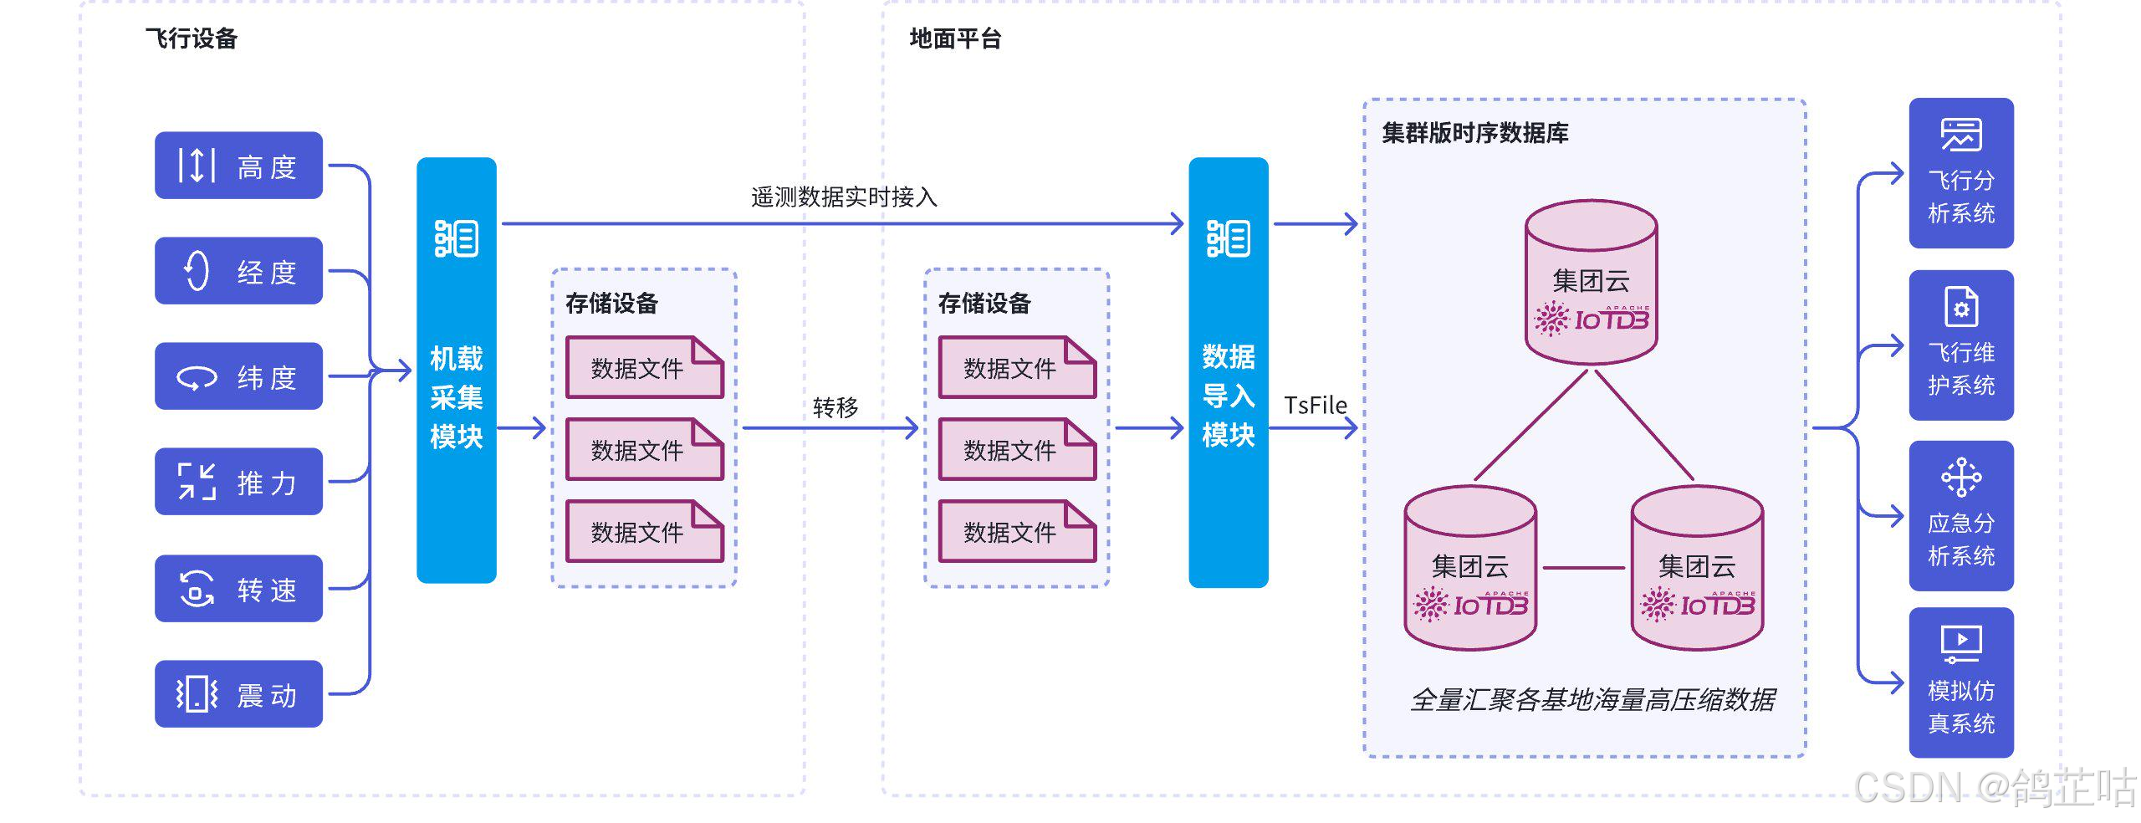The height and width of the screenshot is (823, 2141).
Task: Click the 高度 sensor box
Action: [238, 166]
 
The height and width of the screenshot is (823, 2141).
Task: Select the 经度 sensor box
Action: [238, 271]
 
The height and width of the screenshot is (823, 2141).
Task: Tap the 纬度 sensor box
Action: [238, 376]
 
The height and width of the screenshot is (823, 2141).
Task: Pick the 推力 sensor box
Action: [238, 482]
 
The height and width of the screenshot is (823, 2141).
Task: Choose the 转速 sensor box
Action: [238, 589]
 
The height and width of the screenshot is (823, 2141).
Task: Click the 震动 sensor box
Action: [238, 694]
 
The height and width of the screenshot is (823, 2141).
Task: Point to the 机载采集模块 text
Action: [457, 397]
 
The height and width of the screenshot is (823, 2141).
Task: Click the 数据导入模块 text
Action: [1228, 396]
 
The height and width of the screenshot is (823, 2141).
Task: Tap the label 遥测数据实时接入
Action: [844, 197]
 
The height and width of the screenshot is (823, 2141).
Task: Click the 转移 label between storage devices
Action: [835, 407]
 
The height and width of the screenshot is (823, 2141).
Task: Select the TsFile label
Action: [1315, 406]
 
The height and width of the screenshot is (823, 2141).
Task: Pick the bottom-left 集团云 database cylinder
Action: [1470, 569]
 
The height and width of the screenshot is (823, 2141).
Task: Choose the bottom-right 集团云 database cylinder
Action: [1697, 569]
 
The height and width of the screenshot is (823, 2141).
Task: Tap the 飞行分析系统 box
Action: [1961, 173]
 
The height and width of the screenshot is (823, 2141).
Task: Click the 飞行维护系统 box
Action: [1961, 345]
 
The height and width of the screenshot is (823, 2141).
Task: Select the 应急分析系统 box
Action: [1961, 516]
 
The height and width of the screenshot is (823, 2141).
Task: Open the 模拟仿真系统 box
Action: [1961, 682]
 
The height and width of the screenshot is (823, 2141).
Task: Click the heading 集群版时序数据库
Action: [1474, 133]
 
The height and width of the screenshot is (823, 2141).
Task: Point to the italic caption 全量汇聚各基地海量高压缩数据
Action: [1592, 699]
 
